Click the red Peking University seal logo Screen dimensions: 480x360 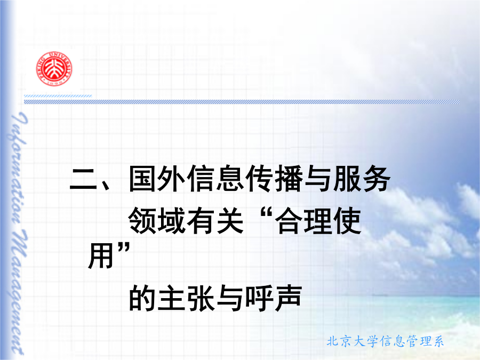[54, 69]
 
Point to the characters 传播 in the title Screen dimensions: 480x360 [273, 179]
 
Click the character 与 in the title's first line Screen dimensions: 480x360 [317, 179]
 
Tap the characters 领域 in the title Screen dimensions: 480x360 [156, 221]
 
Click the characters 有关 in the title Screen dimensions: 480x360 [215, 221]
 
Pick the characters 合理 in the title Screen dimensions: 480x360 [303, 221]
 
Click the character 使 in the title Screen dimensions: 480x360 [347, 221]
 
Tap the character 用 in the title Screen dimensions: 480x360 [101, 255]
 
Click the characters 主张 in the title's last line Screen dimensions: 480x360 [186, 298]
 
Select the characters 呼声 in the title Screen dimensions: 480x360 [274, 298]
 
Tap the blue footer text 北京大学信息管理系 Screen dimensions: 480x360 [385, 341]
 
